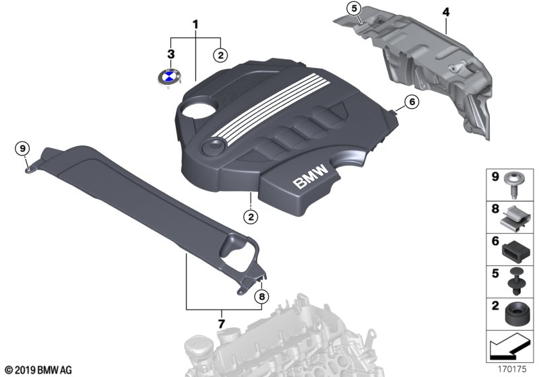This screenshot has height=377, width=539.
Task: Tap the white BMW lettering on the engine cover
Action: click(311, 176)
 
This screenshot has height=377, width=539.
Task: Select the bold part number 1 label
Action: click(195, 25)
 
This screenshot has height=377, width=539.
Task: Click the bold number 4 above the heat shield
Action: click(445, 12)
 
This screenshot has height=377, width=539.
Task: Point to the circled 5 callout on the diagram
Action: click(354, 9)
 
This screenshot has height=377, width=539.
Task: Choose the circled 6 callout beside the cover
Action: click(412, 102)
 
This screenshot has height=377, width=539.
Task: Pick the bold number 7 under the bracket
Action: click(221, 323)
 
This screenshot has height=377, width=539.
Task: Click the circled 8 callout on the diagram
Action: click(261, 296)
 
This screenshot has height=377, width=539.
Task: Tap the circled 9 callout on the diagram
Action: click(23, 149)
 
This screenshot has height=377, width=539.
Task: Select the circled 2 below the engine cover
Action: click(251, 217)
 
